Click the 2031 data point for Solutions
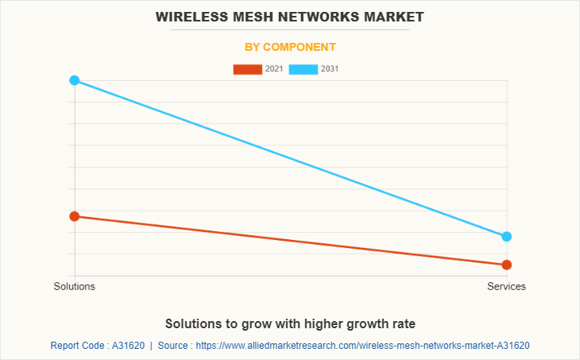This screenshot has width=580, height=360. pos(75,80)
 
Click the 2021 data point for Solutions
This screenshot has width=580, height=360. pos(75,216)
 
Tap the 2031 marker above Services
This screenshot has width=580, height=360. pos(507,237)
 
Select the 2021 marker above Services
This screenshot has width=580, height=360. pos(507,265)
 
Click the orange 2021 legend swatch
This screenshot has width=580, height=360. pos(247,69)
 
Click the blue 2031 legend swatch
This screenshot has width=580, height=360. pos(304,69)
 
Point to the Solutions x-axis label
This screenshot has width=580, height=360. pos(75,286)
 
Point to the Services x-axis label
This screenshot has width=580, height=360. pos(507,286)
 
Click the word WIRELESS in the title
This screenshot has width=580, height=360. pos(190,16)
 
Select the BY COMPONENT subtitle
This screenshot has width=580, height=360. pos(290,47)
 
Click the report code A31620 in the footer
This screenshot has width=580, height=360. pos(127,346)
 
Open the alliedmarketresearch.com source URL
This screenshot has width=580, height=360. pos(362,346)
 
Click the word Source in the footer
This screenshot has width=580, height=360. pos(174,346)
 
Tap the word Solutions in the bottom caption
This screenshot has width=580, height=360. pos(195,323)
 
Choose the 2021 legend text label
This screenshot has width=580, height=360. pos(274,69)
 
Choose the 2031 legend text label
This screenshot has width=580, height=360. pos(330,69)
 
